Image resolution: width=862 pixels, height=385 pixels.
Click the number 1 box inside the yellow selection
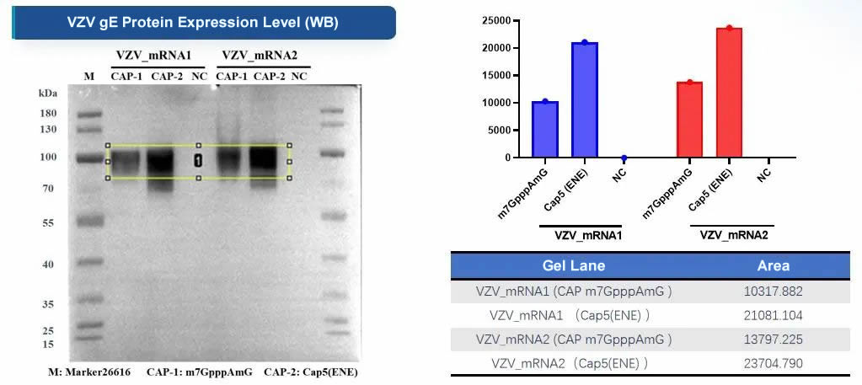pos(198,160)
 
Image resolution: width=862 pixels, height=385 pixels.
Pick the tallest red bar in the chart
pos(729,93)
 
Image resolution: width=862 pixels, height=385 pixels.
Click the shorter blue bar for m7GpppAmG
pos(544,129)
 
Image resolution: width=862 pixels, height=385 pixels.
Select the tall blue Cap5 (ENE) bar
pos(584,99)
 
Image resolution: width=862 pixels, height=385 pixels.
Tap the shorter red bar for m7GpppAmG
pos(688,119)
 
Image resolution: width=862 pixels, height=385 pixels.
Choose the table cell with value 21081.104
pos(773,315)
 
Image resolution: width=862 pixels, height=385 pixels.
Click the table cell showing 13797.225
pos(773,339)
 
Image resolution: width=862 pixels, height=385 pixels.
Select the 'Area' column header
pos(773,265)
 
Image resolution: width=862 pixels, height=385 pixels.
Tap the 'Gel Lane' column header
pos(573,265)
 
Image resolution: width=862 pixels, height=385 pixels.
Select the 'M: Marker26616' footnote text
pos(83,371)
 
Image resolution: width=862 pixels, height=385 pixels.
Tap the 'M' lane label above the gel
pos(89,77)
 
